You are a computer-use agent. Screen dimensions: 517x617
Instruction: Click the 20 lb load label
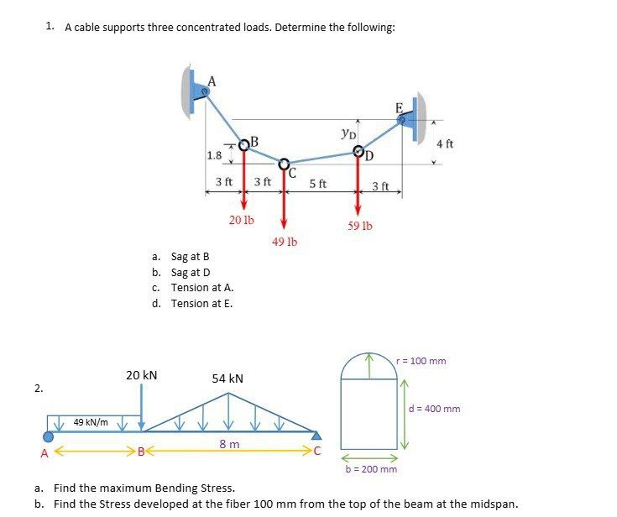click(241, 220)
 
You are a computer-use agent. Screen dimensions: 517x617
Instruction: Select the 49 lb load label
click(285, 242)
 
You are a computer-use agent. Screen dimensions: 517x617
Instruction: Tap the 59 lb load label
click(360, 226)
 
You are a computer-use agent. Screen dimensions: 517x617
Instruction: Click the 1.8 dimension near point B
click(214, 155)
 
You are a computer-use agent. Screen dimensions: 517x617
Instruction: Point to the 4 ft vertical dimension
click(445, 144)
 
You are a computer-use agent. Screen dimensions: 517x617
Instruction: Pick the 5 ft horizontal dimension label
click(318, 183)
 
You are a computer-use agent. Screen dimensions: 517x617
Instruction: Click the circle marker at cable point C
click(285, 164)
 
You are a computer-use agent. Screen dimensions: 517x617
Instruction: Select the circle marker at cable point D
click(358, 152)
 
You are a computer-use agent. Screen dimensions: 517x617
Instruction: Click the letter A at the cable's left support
click(212, 81)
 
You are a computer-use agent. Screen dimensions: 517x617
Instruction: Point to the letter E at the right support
click(399, 107)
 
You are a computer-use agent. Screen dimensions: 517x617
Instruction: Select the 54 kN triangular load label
click(227, 379)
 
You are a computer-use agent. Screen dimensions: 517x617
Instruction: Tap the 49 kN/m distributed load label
click(91, 421)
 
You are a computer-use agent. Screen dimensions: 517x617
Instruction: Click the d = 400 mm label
click(434, 409)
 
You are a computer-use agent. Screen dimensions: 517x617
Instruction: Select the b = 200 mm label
click(371, 468)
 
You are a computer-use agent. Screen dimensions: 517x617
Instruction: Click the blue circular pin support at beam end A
click(49, 436)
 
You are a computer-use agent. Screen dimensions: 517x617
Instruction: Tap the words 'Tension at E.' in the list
click(201, 303)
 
